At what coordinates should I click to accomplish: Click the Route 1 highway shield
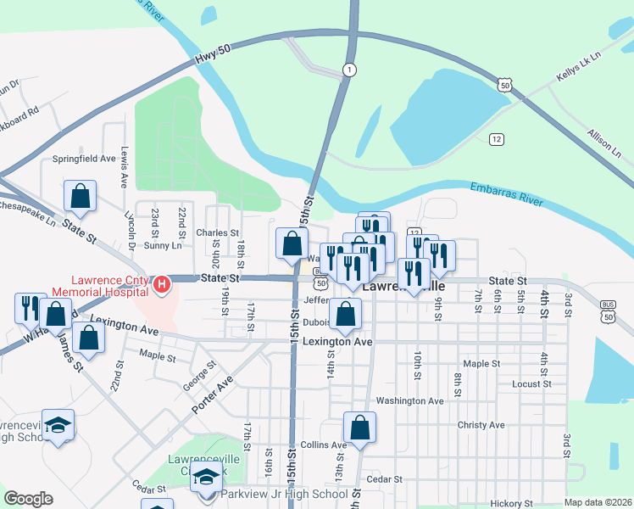[x=348, y=69]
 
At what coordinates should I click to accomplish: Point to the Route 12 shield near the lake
[x=497, y=138]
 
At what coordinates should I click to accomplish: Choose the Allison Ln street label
[x=603, y=144]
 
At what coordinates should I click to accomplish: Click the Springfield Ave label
[x=84, y=159]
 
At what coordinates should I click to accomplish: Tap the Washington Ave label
[x=410, y=400]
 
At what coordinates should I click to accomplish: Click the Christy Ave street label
[x=481, y=425]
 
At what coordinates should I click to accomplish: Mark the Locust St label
[x=531, y=383]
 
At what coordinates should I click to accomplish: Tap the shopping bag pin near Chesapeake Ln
[x=79, y=196]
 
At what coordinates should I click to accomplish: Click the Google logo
[x=28, y=499]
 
